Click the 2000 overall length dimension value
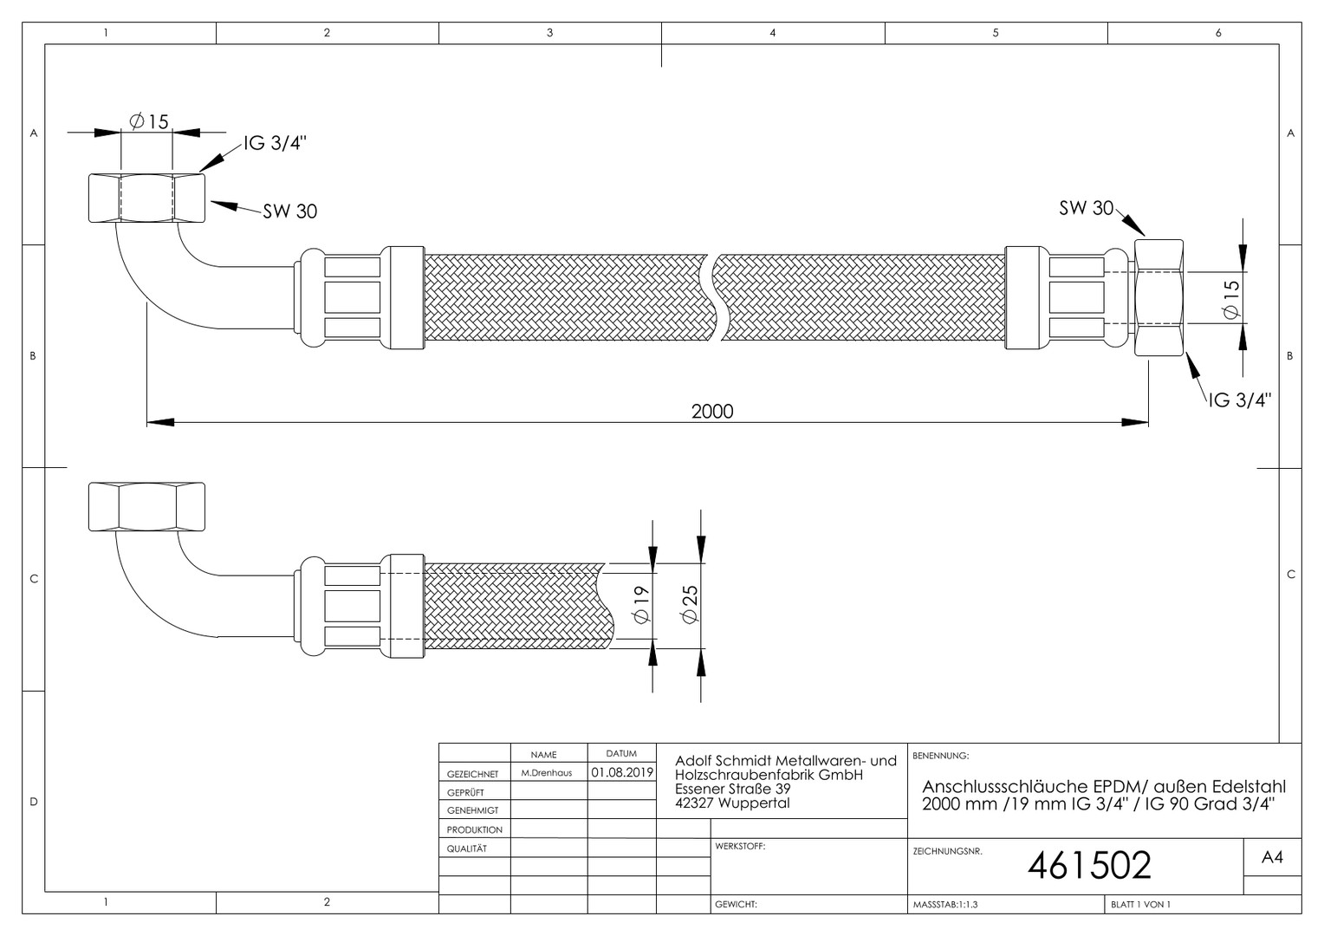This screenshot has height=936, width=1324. click(712, 411)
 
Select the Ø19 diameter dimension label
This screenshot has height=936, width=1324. click(641, 604)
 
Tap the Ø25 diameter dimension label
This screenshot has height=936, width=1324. click(690, 604)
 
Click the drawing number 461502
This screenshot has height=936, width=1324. click(1089, 865)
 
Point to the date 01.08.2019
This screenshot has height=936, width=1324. click(622, 772)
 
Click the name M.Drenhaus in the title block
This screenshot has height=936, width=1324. click(547, 773)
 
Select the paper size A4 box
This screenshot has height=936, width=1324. click(1272, 857)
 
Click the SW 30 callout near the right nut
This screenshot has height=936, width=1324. click(1086, 207)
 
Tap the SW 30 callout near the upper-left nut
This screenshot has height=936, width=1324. click(289, 211)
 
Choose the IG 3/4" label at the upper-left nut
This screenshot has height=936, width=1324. click(275, 143)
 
